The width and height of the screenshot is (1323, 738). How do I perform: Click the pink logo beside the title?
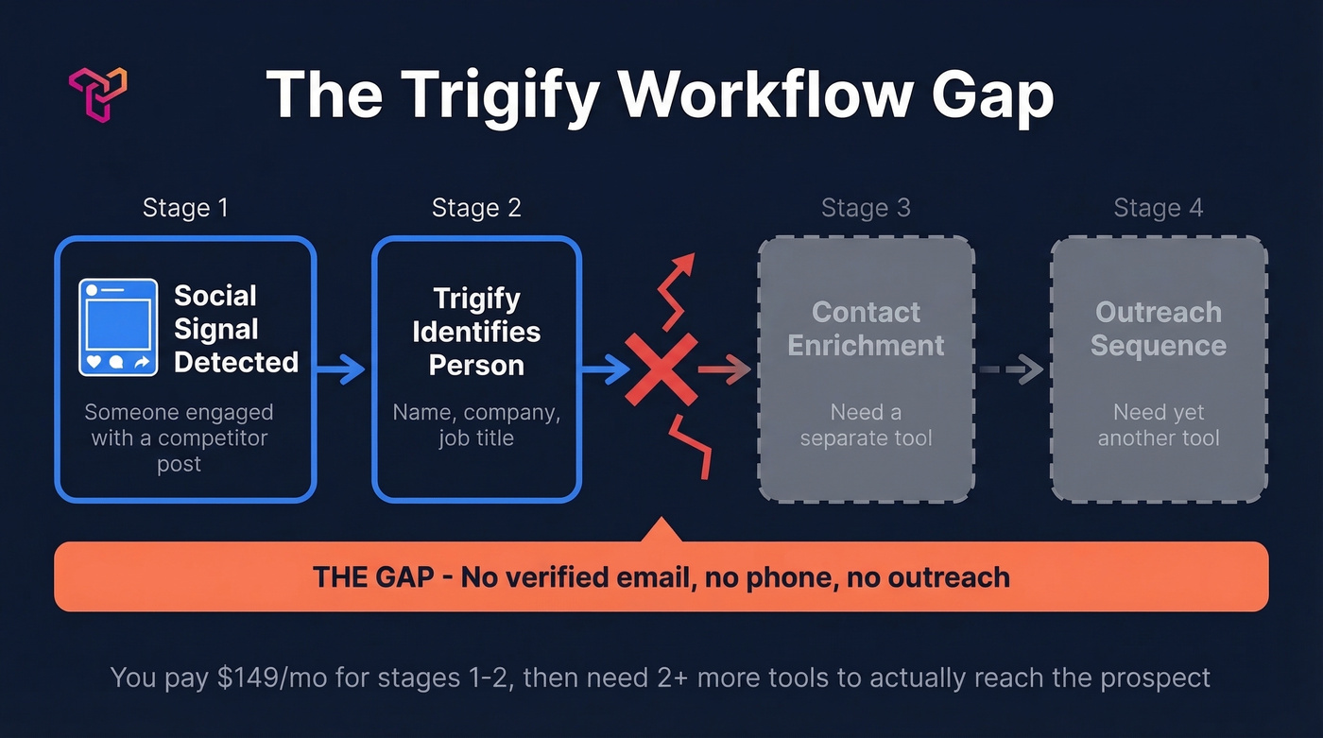click(97, 94)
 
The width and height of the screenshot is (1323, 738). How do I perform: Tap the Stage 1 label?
click(185, 208)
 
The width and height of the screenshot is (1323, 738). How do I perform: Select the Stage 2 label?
click(476, 208)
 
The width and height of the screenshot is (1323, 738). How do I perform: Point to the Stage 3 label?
click(866, 208)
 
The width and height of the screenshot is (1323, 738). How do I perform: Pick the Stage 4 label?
click(1159, 208)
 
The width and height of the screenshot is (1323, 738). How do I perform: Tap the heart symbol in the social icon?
click(94, 362)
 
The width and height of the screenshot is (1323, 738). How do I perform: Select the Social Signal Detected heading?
click(236, 329)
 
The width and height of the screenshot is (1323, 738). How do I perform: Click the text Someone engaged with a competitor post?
click(180, 438)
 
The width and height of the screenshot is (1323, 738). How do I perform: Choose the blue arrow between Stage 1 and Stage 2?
click(341, 369)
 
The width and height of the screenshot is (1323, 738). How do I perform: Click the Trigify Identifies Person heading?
click(476, 333)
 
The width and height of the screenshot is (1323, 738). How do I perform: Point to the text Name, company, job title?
click(476, 425)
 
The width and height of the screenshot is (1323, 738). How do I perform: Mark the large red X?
click(661, 369)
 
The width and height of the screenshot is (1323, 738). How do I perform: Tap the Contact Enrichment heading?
click(866, 329)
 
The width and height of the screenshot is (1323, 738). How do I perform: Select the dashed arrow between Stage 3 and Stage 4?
click(1010, 369)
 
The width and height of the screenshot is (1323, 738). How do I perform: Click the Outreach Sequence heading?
click(1159, 329)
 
